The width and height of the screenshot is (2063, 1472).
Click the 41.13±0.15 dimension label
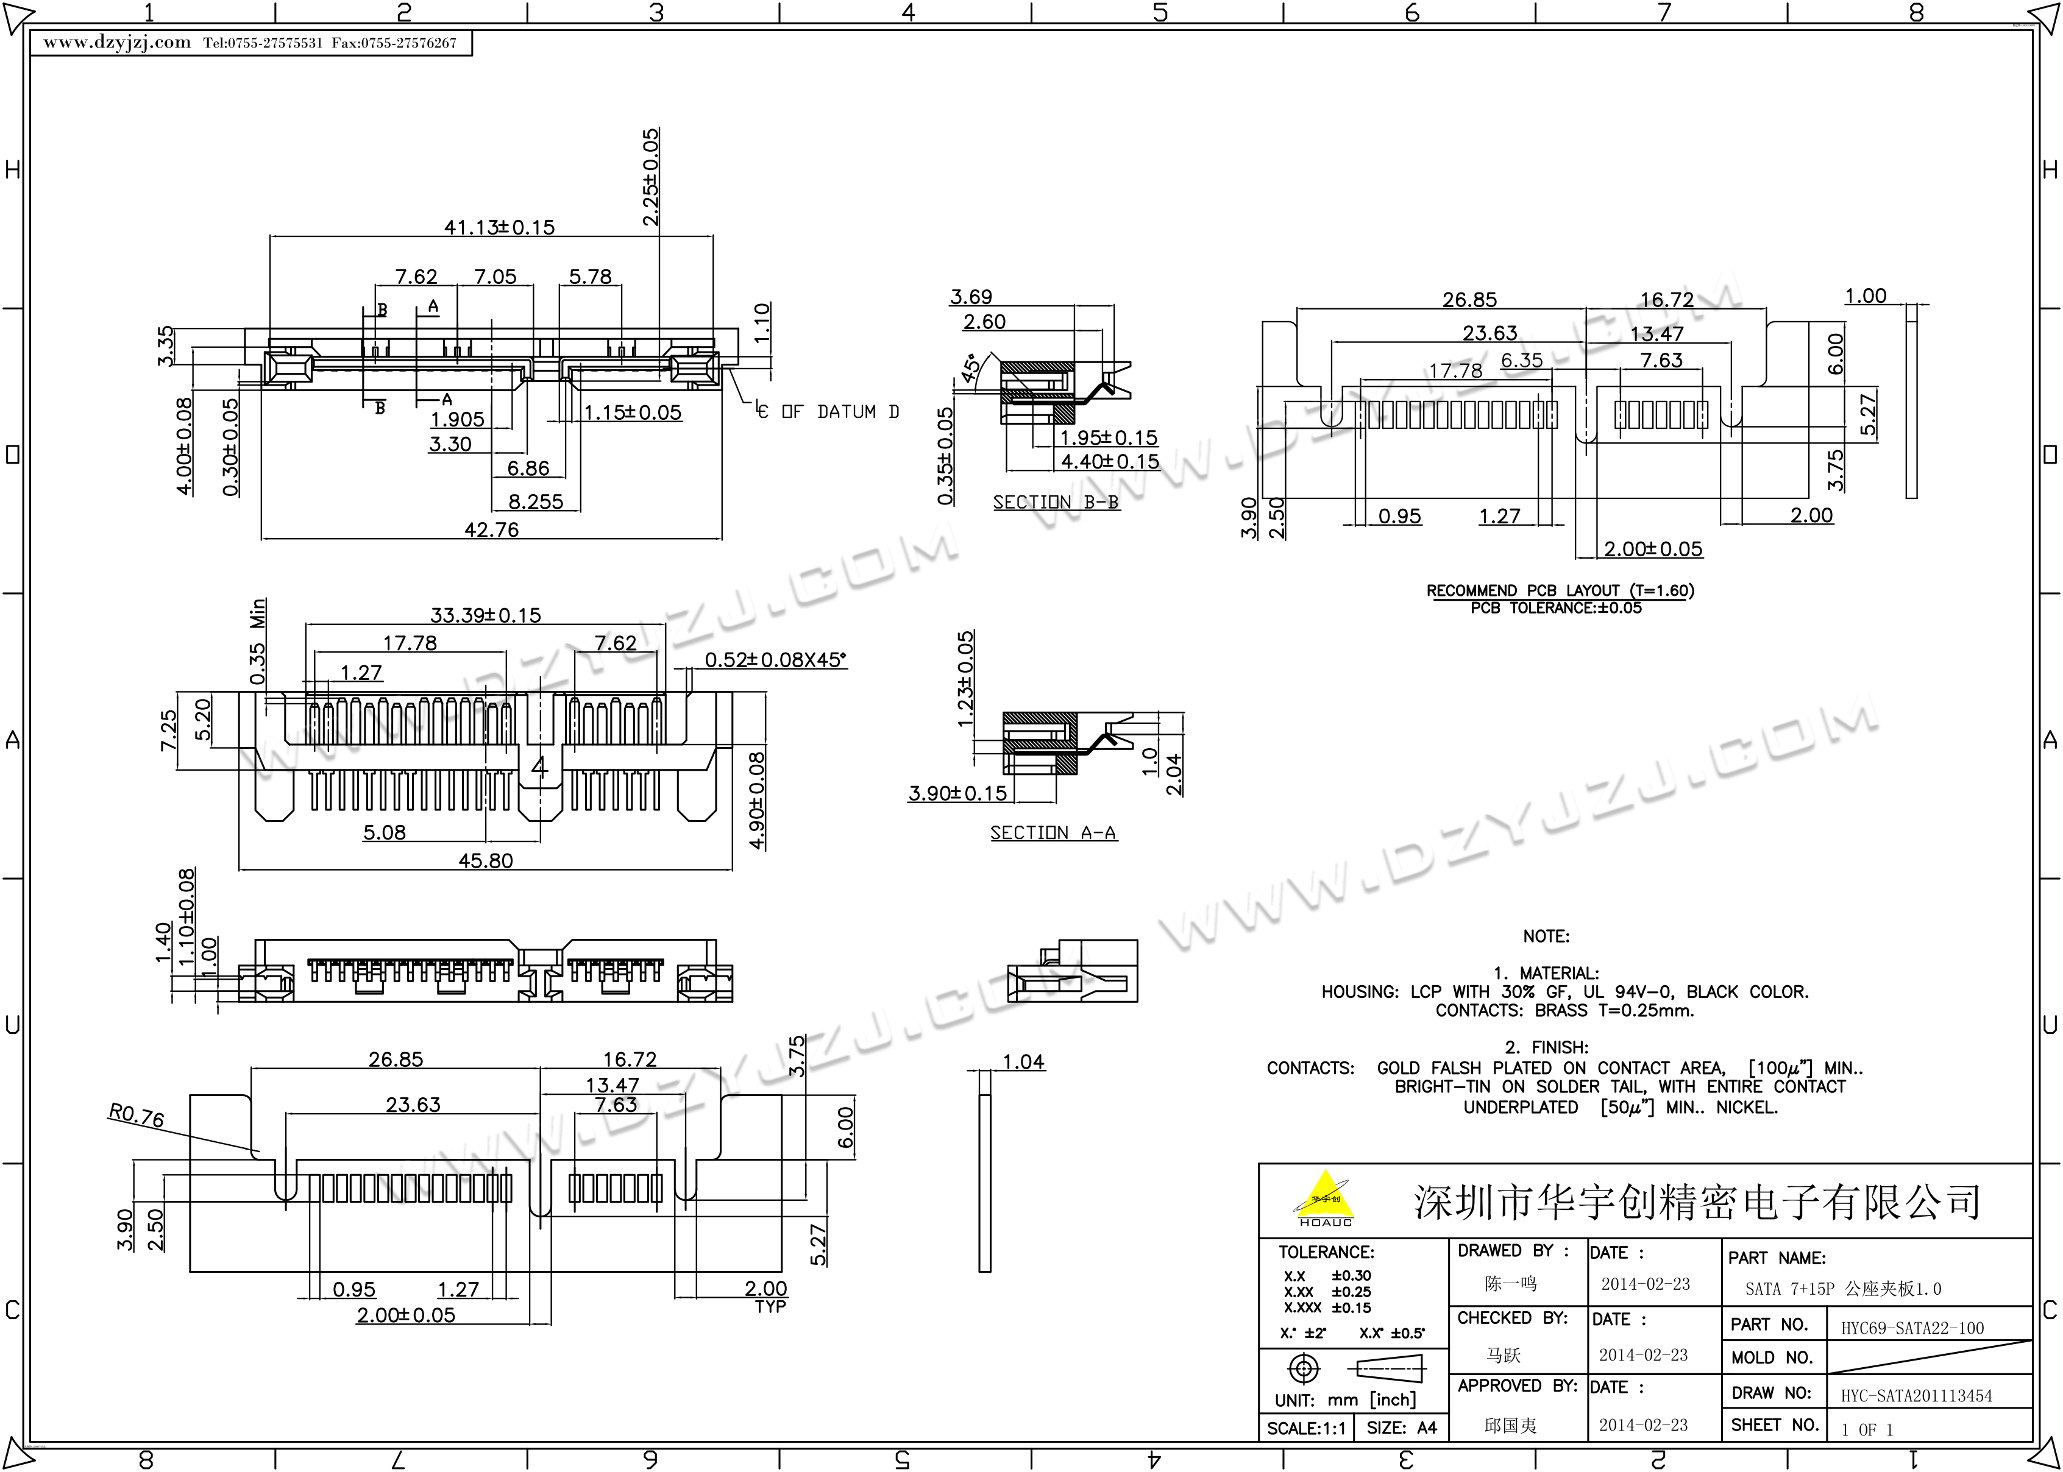click(x=499, y=227)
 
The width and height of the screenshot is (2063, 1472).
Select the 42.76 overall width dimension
click(x=491, y=529)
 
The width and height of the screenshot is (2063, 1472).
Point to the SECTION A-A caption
click(x=1053, y=832)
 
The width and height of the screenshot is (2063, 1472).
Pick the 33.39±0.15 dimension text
click(x=485, y=615)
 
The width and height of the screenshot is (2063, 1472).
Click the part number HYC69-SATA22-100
click(x=1912, y=1328)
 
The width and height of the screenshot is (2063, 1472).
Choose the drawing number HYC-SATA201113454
click(x=1916, y=1396)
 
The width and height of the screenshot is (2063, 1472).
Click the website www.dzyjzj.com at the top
click(x=118, y=43)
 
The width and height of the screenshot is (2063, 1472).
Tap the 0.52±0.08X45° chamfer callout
click(x=776, y=660)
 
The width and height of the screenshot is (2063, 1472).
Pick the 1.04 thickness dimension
click(x=1023, y=1061)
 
